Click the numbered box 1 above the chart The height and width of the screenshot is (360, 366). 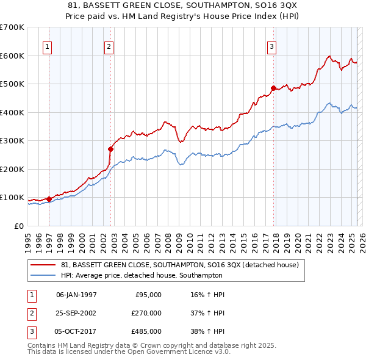coord(48,46)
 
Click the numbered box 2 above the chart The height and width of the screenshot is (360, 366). coord(109,46)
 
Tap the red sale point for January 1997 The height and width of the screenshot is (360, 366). coord(49,199)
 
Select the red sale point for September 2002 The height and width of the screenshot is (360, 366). coord(111,149)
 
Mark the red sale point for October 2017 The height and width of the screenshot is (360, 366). coord(273,88)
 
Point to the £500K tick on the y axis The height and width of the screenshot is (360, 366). coord(12,84)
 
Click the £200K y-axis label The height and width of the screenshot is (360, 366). coord(12,169)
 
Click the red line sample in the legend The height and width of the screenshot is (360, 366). coord(43,265)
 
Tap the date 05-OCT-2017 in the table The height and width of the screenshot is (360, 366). coord(76,331)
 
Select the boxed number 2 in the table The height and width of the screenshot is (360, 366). coord(30,313)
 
